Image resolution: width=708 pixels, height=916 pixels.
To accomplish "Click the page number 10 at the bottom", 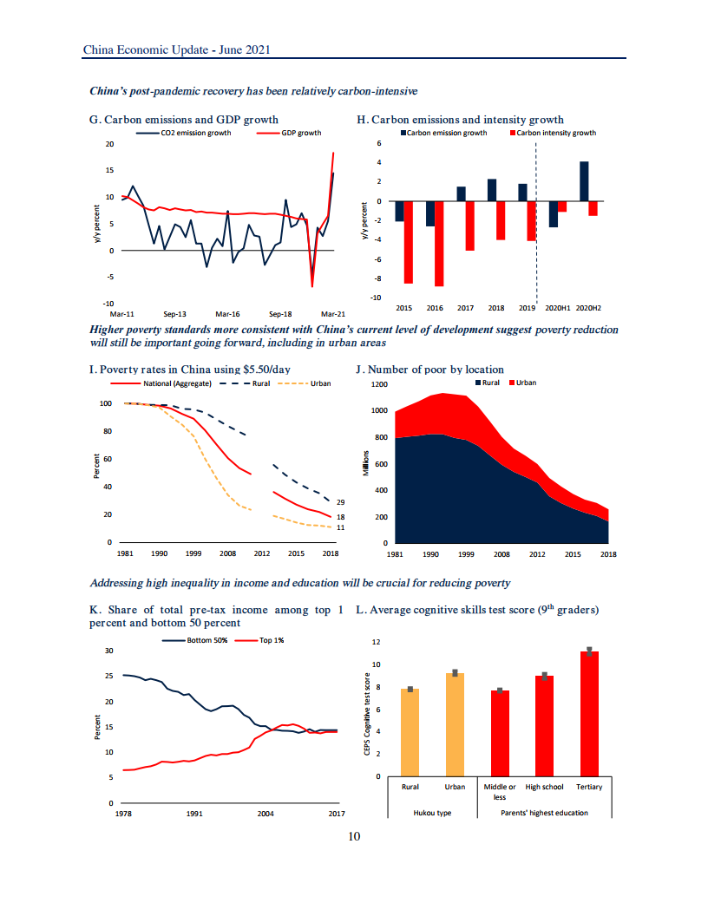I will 353,836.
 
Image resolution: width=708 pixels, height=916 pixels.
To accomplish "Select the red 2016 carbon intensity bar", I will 439,244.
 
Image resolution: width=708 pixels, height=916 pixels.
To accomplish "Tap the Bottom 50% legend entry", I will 200,640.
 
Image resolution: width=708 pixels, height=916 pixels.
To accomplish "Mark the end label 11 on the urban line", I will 341,527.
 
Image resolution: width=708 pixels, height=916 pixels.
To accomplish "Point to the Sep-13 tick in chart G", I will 174,313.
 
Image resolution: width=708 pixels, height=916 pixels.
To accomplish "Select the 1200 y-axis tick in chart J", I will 378,384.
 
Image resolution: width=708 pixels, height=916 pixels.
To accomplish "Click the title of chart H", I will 460,120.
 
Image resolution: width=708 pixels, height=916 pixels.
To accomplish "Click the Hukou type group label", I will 431,813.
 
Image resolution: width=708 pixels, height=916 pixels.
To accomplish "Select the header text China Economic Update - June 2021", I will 176,49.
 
